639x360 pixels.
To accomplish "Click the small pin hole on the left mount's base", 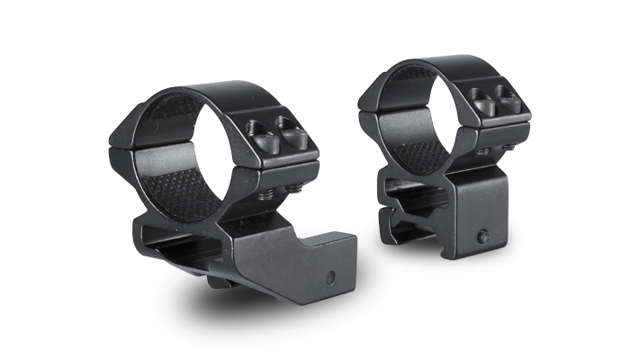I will (332, 276).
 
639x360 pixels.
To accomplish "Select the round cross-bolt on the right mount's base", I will (484, 237).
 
